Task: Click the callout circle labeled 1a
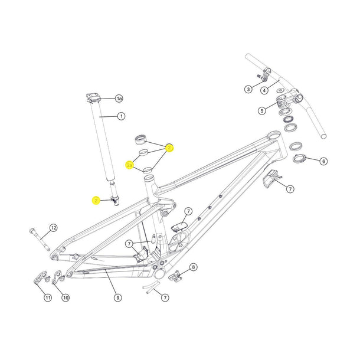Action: coord(119,98)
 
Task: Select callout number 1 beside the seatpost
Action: coord(121,116)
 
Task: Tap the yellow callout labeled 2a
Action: coord(129,165)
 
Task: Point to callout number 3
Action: coord(249,89)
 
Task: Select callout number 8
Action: coord(194,267)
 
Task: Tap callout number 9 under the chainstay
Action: coord(118,297)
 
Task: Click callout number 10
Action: coord(65,297)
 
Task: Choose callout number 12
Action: coord(53,228)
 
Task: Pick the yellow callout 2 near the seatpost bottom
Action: coord(96,201)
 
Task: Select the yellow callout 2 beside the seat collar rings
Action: coord(169,148)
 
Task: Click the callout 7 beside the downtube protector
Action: coord(290,188)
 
